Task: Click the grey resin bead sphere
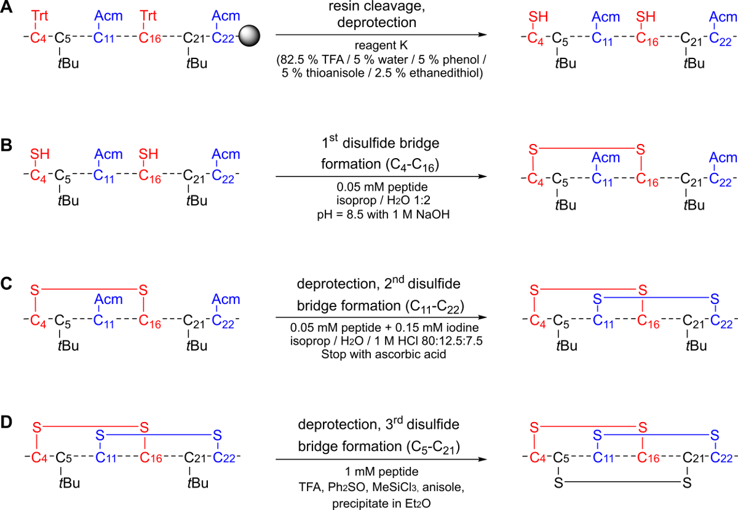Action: click(x=249, y=36)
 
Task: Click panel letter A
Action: click(x=7, y=7)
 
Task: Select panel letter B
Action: click(x=6, y=145)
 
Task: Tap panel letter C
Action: click(x=6, y=284)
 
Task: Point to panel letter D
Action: click(x=6, y=423)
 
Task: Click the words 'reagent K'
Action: click(x=381, y=45)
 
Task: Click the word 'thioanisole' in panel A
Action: click(x=335, y=73)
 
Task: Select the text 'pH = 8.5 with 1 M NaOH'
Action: click(x=383, y=215)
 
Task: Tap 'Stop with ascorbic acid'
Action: click(x=384, y=354)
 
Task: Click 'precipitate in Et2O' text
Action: click(x=381, y=503)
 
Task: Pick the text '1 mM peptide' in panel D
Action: click(x=381, y=472)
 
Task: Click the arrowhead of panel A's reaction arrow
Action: click(x=483, y=34)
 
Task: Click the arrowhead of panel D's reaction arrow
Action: click(x=483, y=459)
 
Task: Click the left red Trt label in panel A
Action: click(x=39, y=15)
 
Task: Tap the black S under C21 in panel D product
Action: click(x=687, y=483)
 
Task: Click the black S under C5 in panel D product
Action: click(x=558, y=483)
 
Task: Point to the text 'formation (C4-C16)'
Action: click(x=380, y=164)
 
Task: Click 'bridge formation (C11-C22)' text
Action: click(x=381, y=306)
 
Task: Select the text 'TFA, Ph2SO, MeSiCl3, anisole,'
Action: click(x=381, y=487)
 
